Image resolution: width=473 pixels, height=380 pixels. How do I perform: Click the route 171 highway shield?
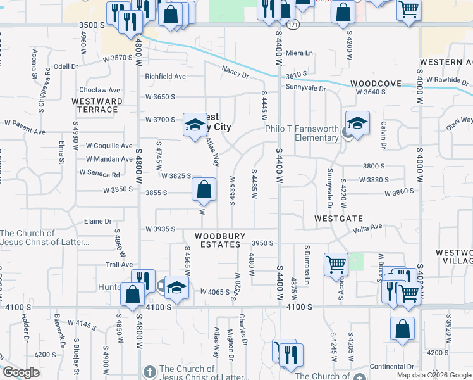(x=292, y=25)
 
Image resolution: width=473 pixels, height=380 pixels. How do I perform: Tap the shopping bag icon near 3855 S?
(x=204, y=189)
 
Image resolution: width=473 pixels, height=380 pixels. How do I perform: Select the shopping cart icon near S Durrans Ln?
(x=336, y=264)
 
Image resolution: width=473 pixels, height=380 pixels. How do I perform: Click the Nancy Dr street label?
(x=235, y=73)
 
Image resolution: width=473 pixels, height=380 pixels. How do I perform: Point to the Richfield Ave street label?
(x=165, y=76)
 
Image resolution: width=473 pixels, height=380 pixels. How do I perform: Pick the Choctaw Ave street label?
(x=99, y=90)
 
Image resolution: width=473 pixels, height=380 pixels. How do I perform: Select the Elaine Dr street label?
(x=98, y=222)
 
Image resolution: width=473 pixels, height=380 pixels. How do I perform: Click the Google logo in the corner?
(x=21, y=372)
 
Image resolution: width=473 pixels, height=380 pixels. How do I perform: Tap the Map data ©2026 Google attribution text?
(x=434, y=375)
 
